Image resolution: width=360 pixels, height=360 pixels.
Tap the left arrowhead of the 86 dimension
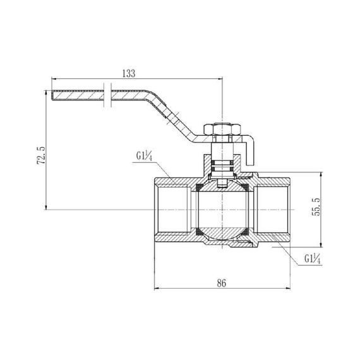[157, 290]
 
